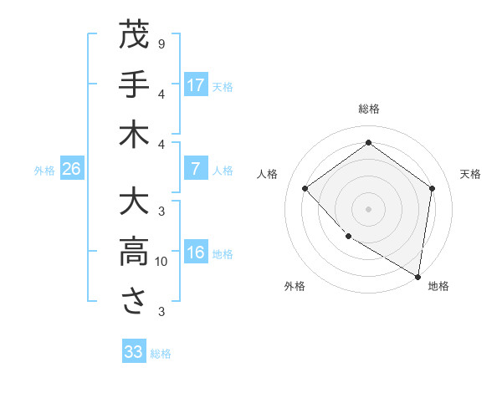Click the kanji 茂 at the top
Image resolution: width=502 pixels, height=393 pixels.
tap(134, 36)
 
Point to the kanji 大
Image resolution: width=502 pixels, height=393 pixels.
tap(134, 203)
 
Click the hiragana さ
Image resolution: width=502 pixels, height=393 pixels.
tap(134, 302)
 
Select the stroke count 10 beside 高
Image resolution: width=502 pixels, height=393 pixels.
tap(161, 262)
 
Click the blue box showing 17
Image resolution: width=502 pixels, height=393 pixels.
tap(196, 84)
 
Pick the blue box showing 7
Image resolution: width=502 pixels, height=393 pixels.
tap(196, 169)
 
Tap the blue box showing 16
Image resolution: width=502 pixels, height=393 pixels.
tap(196, 253)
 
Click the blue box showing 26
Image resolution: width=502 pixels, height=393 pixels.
tap(71, 169)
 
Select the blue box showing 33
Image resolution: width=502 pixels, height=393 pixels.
tap(134, 352)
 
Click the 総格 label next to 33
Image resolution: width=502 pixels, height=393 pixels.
tap(161, 354)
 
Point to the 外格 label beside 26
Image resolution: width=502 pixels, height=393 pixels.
tap(44, 171)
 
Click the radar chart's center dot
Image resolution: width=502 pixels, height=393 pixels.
tap(368, 208)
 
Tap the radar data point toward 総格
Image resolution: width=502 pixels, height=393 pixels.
tap(368, 143)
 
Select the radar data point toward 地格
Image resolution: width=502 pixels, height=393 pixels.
tap(417, 276)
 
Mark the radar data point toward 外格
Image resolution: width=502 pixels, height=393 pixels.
tap(348, 237)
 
